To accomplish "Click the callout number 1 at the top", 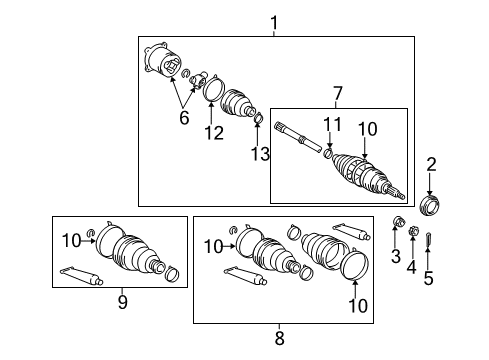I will (274, 22).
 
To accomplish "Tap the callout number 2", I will (432, 164).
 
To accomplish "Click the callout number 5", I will (428, 280).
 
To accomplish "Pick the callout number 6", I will (183, 118).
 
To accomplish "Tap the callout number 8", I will (280, 337).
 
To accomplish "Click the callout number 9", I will (123, 301).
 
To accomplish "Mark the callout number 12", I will (211, 132).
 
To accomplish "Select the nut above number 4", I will (411, 233).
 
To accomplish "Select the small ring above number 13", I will (258, 121).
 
